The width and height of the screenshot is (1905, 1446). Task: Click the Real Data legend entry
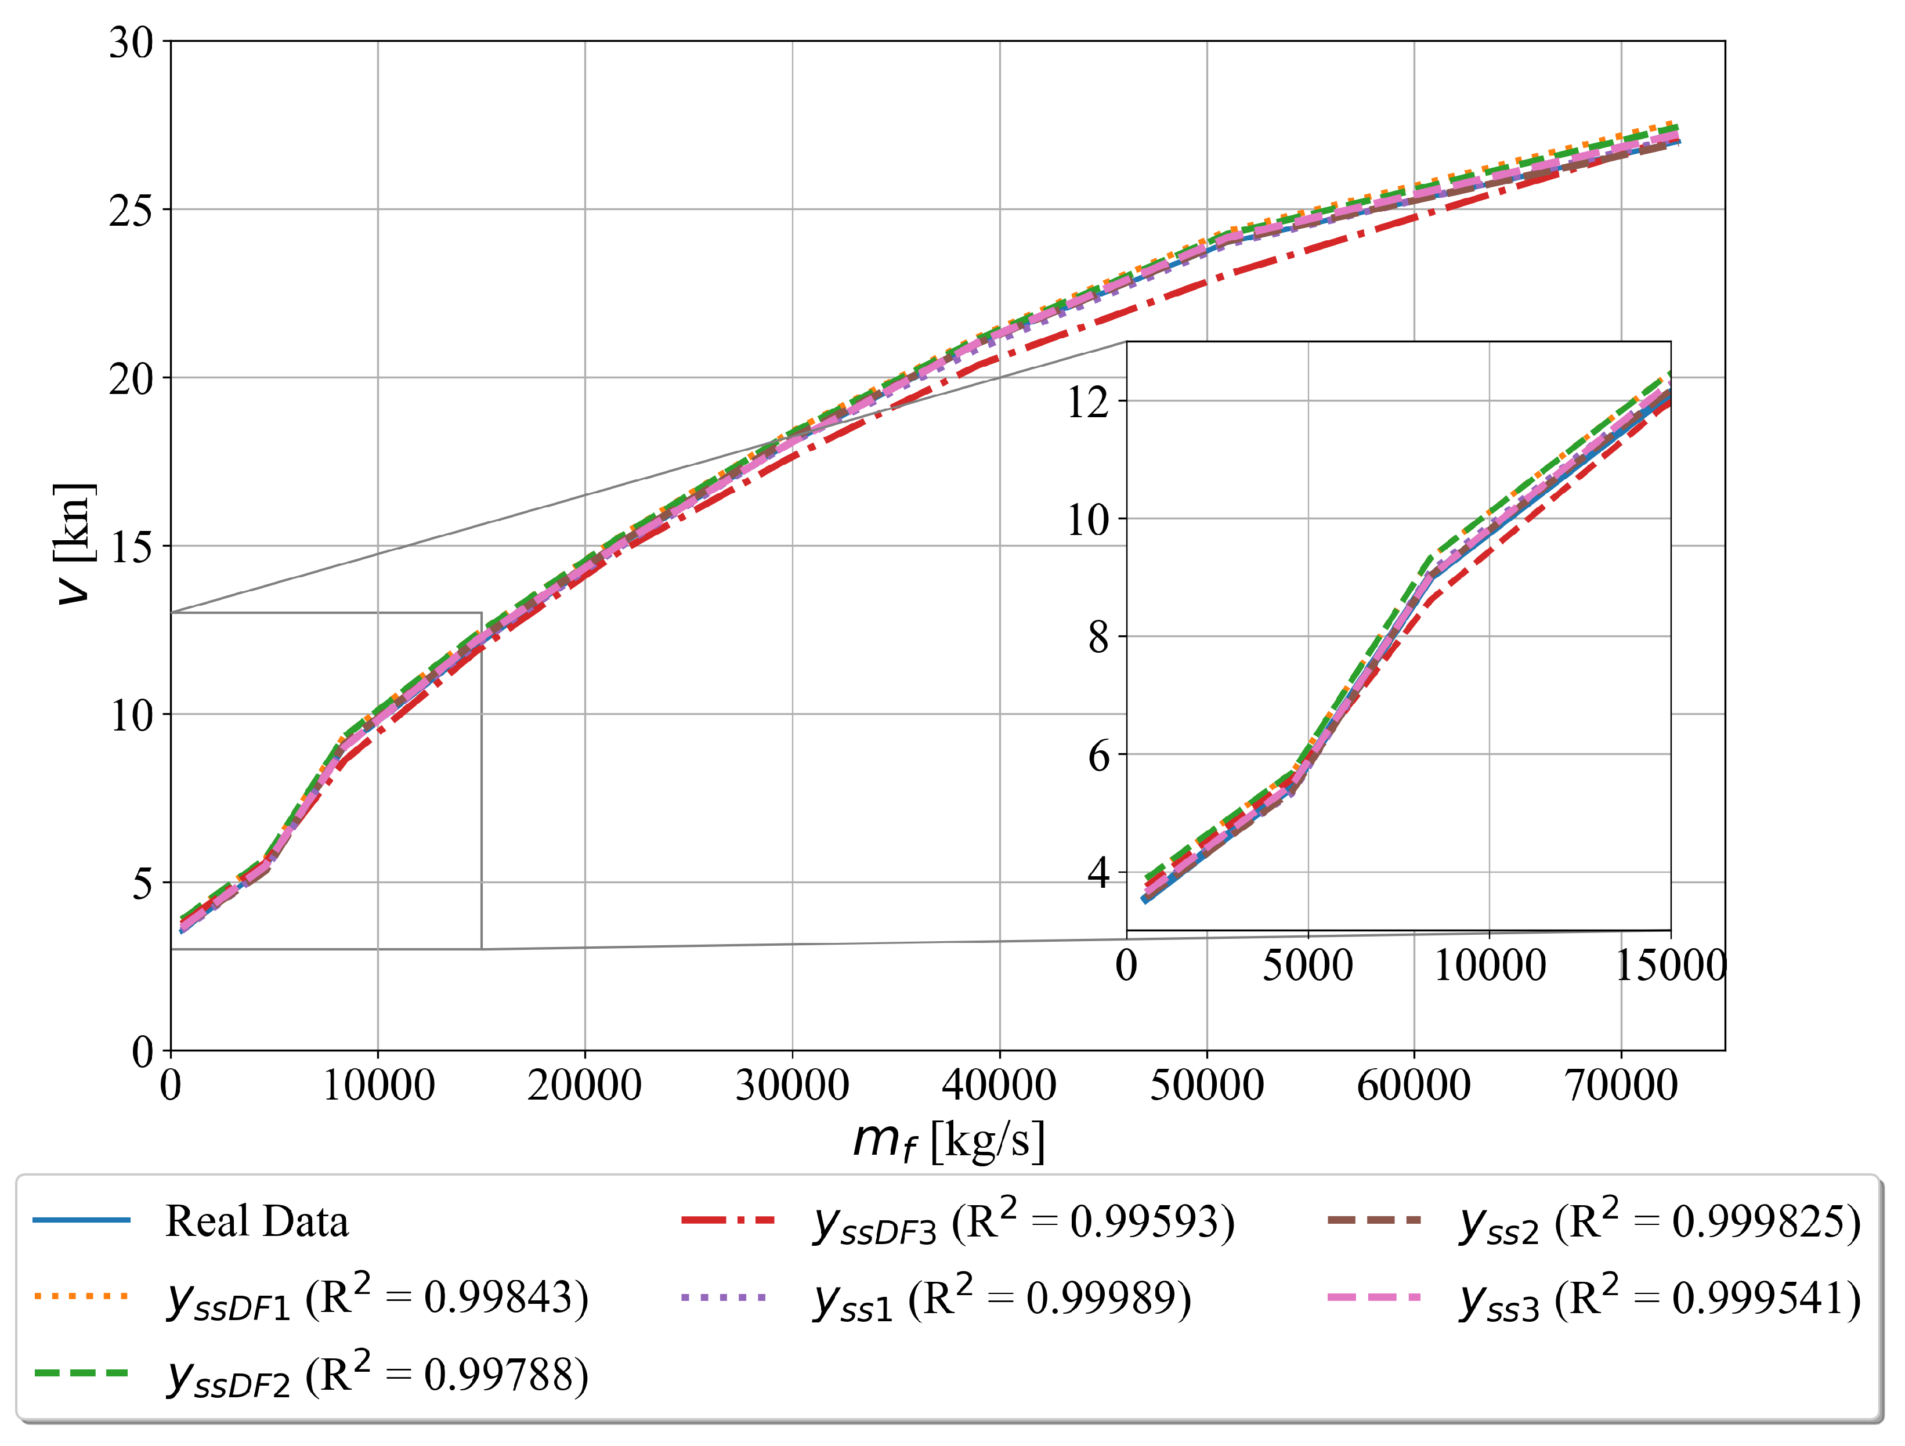coord(256,1222)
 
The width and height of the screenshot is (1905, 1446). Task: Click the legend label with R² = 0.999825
coord(1660,1222)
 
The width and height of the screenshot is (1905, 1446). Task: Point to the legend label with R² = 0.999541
coord(1660,1298)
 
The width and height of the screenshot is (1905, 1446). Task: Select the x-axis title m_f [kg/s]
coord(948,1141)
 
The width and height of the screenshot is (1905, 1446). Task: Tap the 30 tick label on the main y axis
coord(131,42)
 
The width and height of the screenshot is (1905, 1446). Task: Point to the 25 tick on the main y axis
coord(131,210)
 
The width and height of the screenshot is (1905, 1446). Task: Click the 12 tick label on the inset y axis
coord(1089,402)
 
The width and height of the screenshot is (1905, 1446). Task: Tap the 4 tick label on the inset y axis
coord(1099,873)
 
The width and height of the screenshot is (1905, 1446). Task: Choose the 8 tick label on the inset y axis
coord(1099,637)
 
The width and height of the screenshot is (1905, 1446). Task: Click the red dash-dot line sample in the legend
coord(728,1220)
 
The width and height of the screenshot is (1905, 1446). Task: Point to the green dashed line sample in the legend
coord(82,1373)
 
